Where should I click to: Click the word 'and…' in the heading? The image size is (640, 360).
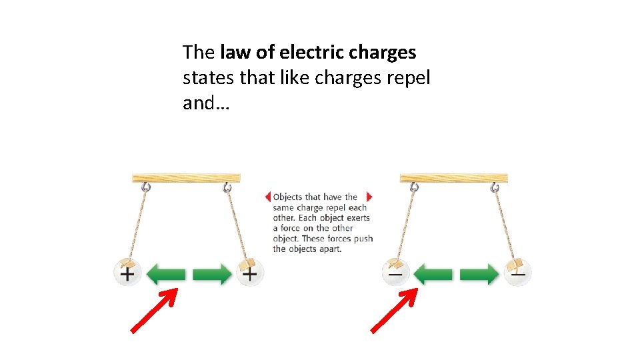tap(206, 103)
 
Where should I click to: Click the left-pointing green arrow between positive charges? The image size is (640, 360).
tap(165, 274)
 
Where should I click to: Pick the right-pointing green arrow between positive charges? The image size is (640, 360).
tap(212, 274)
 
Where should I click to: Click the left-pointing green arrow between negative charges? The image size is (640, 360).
tap(433, 274)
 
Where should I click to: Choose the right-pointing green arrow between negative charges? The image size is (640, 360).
tap(479, 274)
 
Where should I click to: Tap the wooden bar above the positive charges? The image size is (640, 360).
tap(187, 178)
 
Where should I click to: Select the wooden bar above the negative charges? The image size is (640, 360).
tap(454, 178)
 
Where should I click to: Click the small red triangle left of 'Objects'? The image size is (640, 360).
tap(268, 197)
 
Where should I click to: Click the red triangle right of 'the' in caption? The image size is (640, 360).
tap(369, 197)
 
